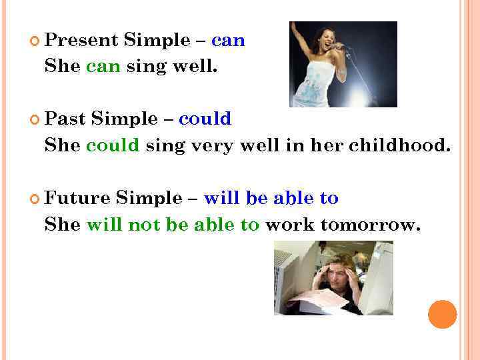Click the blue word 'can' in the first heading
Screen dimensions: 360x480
point(228,41)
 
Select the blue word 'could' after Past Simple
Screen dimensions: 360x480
point(205,119)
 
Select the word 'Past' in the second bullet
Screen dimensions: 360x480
point(65,119)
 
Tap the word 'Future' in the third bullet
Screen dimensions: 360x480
point(77,198)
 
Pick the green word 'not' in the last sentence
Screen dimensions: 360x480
point(142,225)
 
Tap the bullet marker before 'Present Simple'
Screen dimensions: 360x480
point(35,41)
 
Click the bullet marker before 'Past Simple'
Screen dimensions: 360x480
point(35,120)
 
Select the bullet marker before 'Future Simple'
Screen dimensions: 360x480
point(35,199)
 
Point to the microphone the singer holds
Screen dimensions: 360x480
point(341,47)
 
